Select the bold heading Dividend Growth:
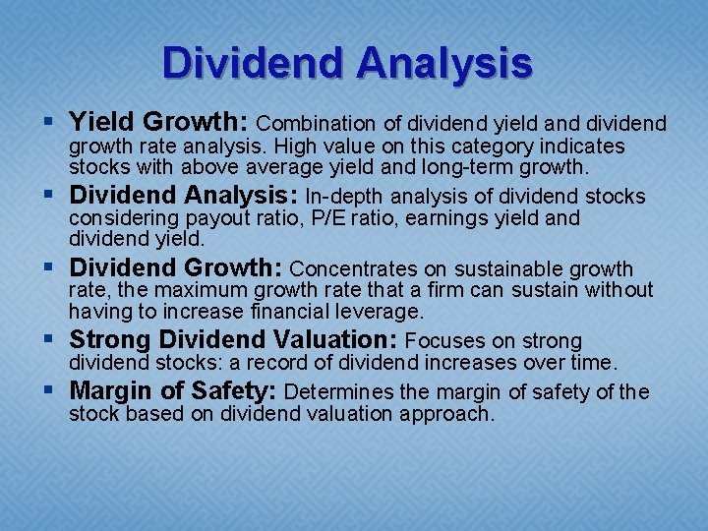176,267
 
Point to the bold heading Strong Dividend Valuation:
233,340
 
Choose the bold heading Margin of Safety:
172,391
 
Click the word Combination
316,124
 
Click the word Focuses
444,341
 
